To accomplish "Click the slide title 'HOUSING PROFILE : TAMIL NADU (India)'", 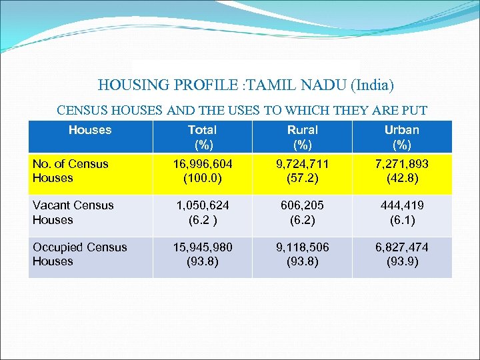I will click(x=246, y=85).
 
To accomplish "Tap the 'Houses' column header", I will click(x=90, y=130).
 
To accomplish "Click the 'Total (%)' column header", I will click(x=202, y=137).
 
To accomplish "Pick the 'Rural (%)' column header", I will click(x=302, y=137).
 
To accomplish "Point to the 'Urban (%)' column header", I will click(x=402, y=137).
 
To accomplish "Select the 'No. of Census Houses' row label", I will click(x=71, y=171).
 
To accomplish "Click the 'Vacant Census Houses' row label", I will click(x=73, y=213).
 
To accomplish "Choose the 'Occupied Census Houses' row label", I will click(x=79, y=254).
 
